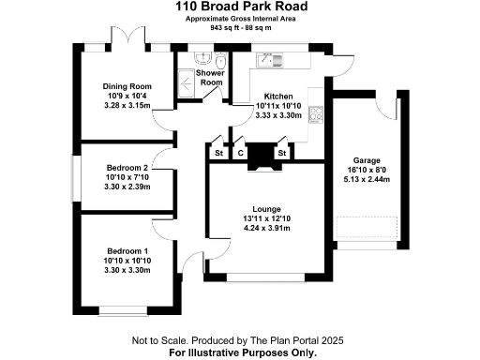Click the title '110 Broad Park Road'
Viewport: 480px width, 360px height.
240,7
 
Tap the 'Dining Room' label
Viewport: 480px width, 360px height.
127,86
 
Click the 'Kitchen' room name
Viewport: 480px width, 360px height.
279,97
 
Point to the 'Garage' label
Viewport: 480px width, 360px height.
366,160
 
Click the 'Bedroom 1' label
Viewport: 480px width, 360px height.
127,251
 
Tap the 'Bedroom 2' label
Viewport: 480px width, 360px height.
127,167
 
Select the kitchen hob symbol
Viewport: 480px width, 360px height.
316,115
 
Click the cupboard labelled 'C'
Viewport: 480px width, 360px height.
240,153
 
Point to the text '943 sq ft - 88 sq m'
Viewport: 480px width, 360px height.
240,28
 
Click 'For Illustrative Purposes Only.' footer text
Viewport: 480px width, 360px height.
240,353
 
